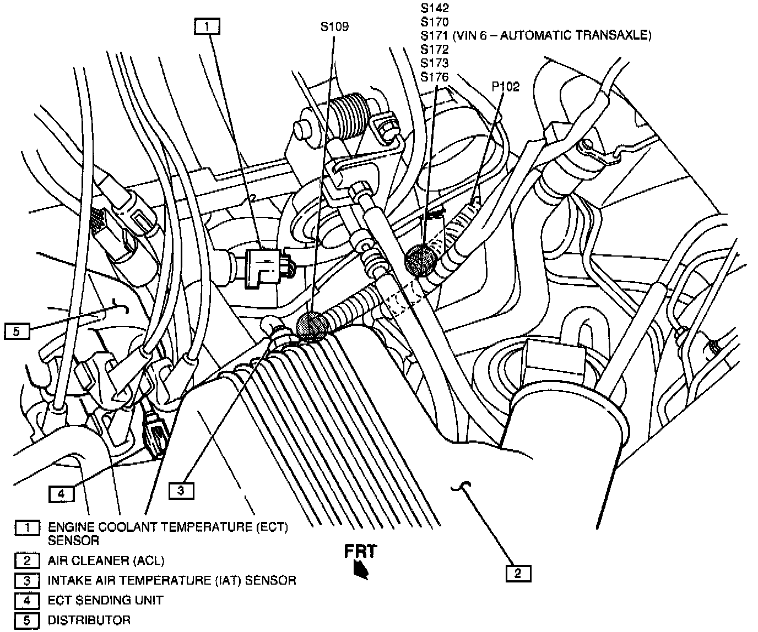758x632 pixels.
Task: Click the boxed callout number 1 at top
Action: pos(207,26)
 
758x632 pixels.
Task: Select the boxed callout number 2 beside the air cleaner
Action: pos(518,573)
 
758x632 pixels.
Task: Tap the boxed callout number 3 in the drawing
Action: pos(181,490)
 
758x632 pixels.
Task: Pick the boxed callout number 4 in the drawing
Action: pos(61,494)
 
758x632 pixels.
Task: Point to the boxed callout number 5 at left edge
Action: pos(16,331)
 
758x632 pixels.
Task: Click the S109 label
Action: pos(334,26)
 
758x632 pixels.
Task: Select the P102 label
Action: pos(506,87)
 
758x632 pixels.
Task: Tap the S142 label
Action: pos(435,8)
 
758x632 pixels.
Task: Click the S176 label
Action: pos(435,77)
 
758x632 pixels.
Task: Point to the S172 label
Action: pos(435,50)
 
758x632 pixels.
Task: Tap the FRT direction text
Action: pos(361,551)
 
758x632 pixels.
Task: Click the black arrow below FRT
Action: pos(361,570)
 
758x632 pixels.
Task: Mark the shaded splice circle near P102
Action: pos(421,259)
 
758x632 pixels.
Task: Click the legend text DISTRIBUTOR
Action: pos(89,620)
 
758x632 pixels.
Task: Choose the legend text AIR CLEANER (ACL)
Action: pos(106,561)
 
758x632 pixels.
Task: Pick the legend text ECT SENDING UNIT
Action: pos(105,600)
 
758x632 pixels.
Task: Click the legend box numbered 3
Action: pos(27,581)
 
